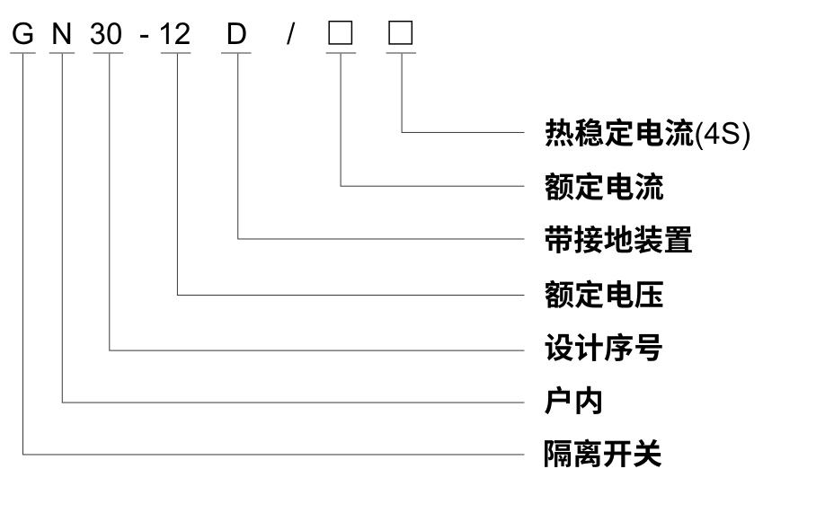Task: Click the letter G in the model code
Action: pyautogui.click(x=23, y=34)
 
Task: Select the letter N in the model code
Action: pyautogui.click(x=62, y=34)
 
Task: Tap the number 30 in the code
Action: pyautogui.click(x=107, y=34)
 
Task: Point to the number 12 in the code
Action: pyautogui.click(x=176, y=34)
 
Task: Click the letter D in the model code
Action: pyautogui.click(x=236, y=34)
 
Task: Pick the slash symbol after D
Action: pyautogui.click(x=289, y=34)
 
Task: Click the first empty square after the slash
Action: pyautogui.click(x=341, y=33)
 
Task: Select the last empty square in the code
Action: pyautogui.click(x=401, y=33)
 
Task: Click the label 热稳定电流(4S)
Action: pyautogui.click(x=646, y=134)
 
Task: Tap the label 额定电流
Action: pyautogui.click(x=604, y=187)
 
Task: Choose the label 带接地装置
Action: pyautogui.click(x=618, y=239)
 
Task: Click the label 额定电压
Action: pyautogui.click(x=604, y=294)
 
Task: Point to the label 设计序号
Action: pyautogui.click(x=604, y=348)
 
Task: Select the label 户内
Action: pyautogui.click(x=573, y=401)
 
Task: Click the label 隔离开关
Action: pyautogui.click(x=604, y=454)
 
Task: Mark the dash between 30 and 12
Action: pyautogui.click(x=144, y=36)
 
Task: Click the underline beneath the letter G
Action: pyautogui.click(x=23, y=53)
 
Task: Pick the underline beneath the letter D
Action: pyautogui.click(x=237, y=53)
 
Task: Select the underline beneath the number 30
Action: pyautogui.click(x=108, y=53)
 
